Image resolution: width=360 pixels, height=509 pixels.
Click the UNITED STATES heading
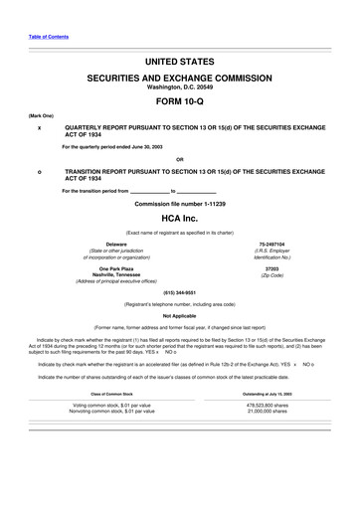179,62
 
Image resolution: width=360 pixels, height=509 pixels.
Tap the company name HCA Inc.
179,216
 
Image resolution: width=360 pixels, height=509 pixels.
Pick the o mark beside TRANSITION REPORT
39,172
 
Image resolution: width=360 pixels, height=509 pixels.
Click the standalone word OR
179,159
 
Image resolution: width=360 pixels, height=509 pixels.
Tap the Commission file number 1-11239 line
179,203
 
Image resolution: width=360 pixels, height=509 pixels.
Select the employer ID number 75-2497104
271,244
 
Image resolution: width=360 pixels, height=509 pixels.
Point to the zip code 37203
271,268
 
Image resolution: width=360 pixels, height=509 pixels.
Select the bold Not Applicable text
179,316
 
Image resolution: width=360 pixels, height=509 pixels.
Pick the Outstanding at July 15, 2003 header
271,395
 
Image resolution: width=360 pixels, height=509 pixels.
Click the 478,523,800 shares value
271,406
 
